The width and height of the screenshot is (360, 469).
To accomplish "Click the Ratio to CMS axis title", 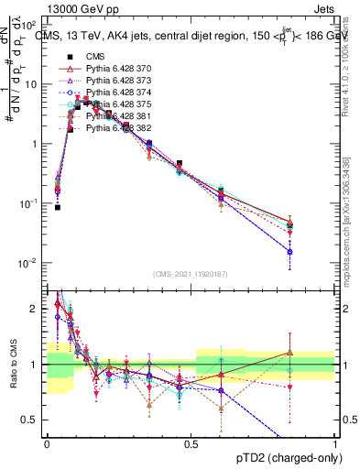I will point(13,365).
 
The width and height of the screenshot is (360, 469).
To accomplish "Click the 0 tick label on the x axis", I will point(47,442).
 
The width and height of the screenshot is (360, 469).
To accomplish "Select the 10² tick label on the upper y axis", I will point(29,25).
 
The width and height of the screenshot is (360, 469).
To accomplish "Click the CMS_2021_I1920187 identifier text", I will point(191,274).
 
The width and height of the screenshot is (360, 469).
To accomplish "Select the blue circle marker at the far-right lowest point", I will point(289,251).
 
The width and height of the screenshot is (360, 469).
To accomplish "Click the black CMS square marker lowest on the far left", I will point(57,207).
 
